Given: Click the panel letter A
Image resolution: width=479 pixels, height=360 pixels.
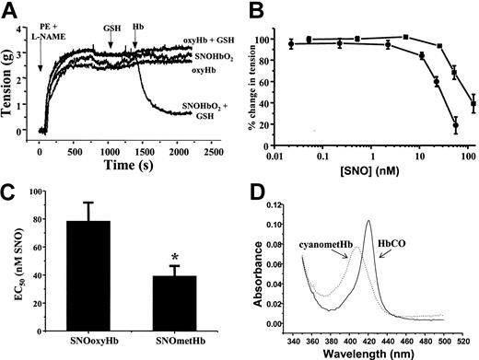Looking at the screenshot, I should point(9,9).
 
